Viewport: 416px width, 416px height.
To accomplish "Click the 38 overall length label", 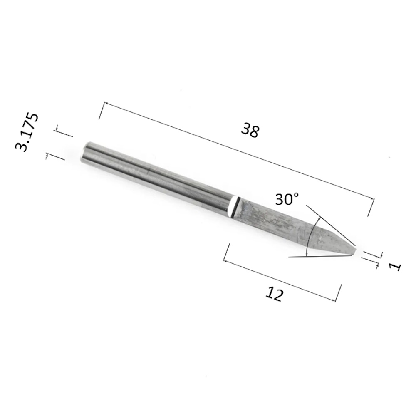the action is click(250, 130).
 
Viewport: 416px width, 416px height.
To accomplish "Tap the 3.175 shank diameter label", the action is click(27, 132).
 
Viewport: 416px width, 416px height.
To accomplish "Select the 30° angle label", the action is click(287, 199).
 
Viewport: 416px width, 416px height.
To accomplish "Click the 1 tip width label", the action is click(396, 266).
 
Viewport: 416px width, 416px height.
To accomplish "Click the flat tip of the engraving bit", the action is click(354, 251).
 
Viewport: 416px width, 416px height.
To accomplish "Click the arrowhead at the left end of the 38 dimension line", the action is click(105, 103).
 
